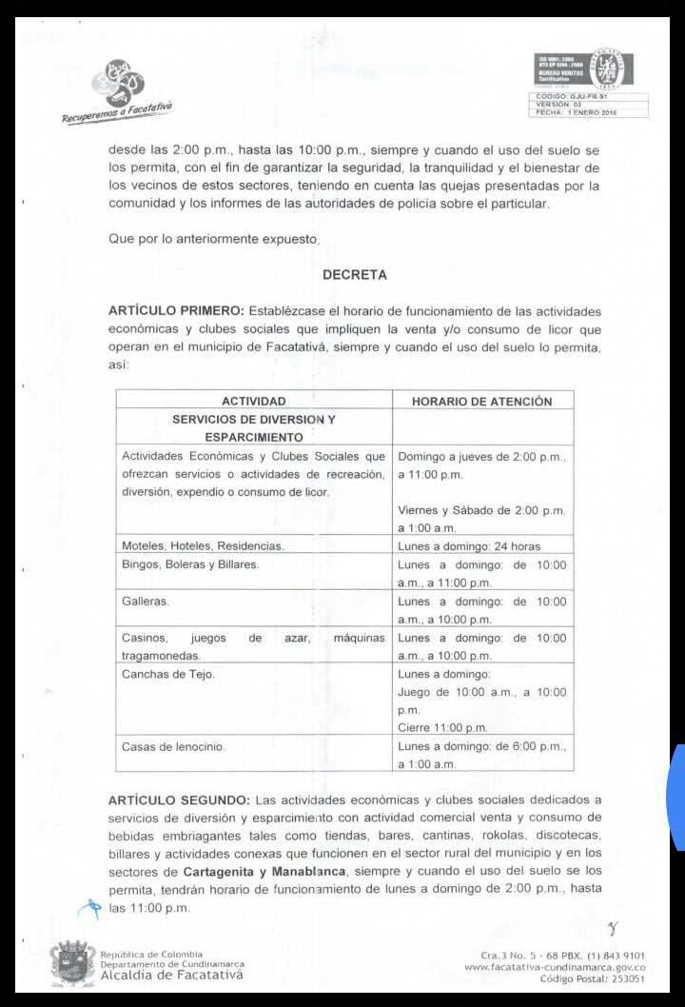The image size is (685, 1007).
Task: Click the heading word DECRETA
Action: [x=354, y=275]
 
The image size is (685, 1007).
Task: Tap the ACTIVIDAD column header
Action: [x=253, y=402]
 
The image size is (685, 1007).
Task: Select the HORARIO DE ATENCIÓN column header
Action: [x=481, y=402]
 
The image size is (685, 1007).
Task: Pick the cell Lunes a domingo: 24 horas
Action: [x=468, y=546]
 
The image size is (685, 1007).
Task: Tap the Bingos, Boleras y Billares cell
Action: [x=190, y=565]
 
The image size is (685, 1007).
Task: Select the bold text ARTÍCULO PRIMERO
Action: [x=176, y=311]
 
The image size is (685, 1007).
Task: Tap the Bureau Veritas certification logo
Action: [x=591, y=71]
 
